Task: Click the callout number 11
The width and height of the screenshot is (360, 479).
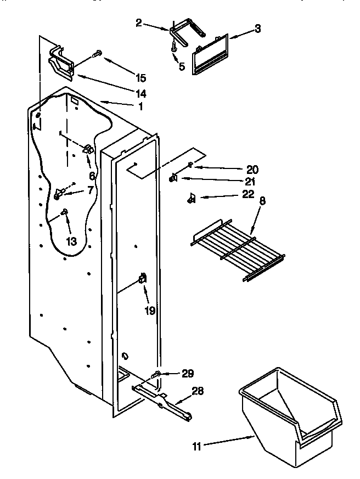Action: [x=197, y=447]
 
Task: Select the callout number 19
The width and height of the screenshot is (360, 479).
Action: [x=150, y=311]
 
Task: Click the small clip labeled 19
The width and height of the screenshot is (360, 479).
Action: [x=143, y=279]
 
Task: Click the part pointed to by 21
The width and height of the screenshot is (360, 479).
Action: [x=173, y=177]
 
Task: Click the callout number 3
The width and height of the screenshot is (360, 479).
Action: [x=257, y=29]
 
